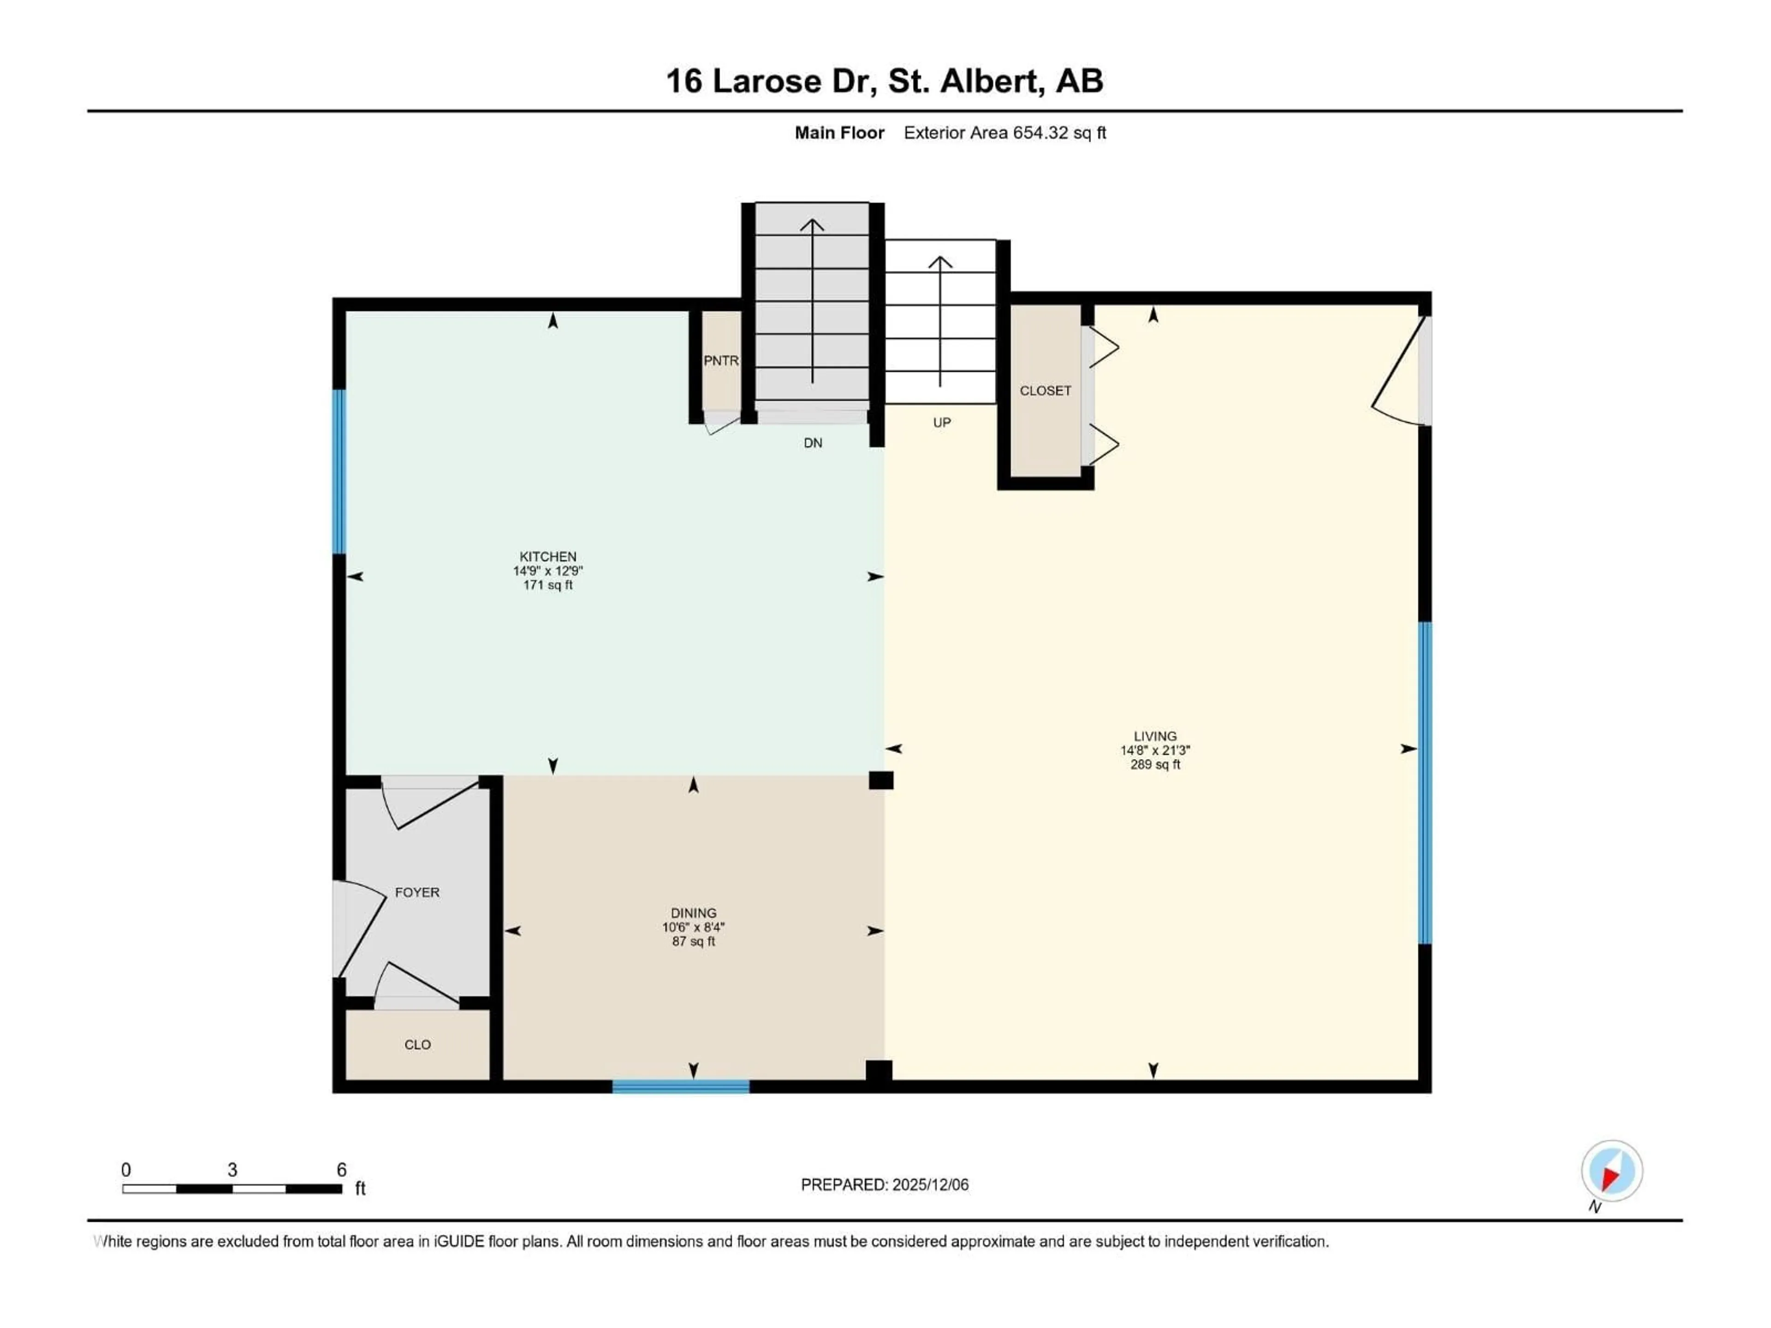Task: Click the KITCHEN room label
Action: [547, 557]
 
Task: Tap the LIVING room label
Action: [1154, 735]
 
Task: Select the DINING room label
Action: [693, 913]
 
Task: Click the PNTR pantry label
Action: [720, 361]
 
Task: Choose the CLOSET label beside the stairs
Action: [1045, 391]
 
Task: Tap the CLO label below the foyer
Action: [417, 1044]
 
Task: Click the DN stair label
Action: [813, 443]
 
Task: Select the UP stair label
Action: [942, 423]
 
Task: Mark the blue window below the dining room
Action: [681, 1086]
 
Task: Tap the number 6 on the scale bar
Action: [341, 1169]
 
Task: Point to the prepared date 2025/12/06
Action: [929, 1185]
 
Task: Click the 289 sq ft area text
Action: [1154, 765]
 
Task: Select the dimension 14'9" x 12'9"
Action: [547, 571]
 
